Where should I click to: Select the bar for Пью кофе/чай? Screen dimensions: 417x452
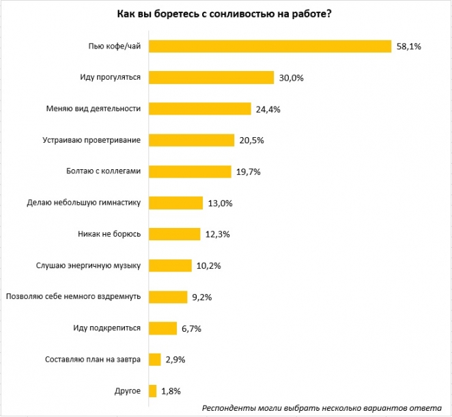tap(270, 46)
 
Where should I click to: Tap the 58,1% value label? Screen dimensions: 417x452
tap(409, 46)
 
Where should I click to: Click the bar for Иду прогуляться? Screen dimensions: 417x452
tap(211, 77)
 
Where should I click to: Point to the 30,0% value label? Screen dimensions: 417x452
tap(290, 78)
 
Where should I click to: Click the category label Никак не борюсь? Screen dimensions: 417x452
tap(109, 234)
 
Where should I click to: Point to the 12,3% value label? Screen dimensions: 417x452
tap(216, 235)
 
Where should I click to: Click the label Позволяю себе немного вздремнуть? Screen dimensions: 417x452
tap(73, 297)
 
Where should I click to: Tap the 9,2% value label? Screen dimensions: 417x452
tap(202, 298)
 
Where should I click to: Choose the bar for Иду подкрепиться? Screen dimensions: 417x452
tap(163, 328)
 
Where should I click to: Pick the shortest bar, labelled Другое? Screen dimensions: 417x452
tap(153, 391)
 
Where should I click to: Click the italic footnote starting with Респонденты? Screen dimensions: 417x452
tap(322, 407)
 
